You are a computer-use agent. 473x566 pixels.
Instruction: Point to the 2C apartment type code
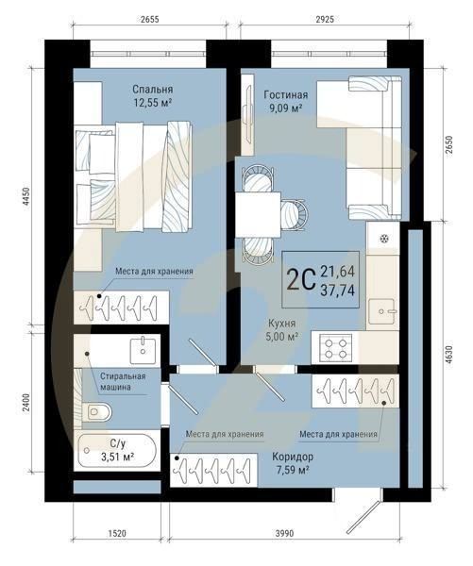coord(300,279)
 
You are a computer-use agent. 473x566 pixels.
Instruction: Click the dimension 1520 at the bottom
coord(117,533)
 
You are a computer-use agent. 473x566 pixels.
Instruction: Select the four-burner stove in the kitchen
coord(335,348)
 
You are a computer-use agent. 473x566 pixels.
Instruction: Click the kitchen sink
coord(385,308)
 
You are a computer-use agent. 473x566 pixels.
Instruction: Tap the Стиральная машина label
coord(124,380)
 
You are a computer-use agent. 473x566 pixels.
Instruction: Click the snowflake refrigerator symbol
coord(384,237)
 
